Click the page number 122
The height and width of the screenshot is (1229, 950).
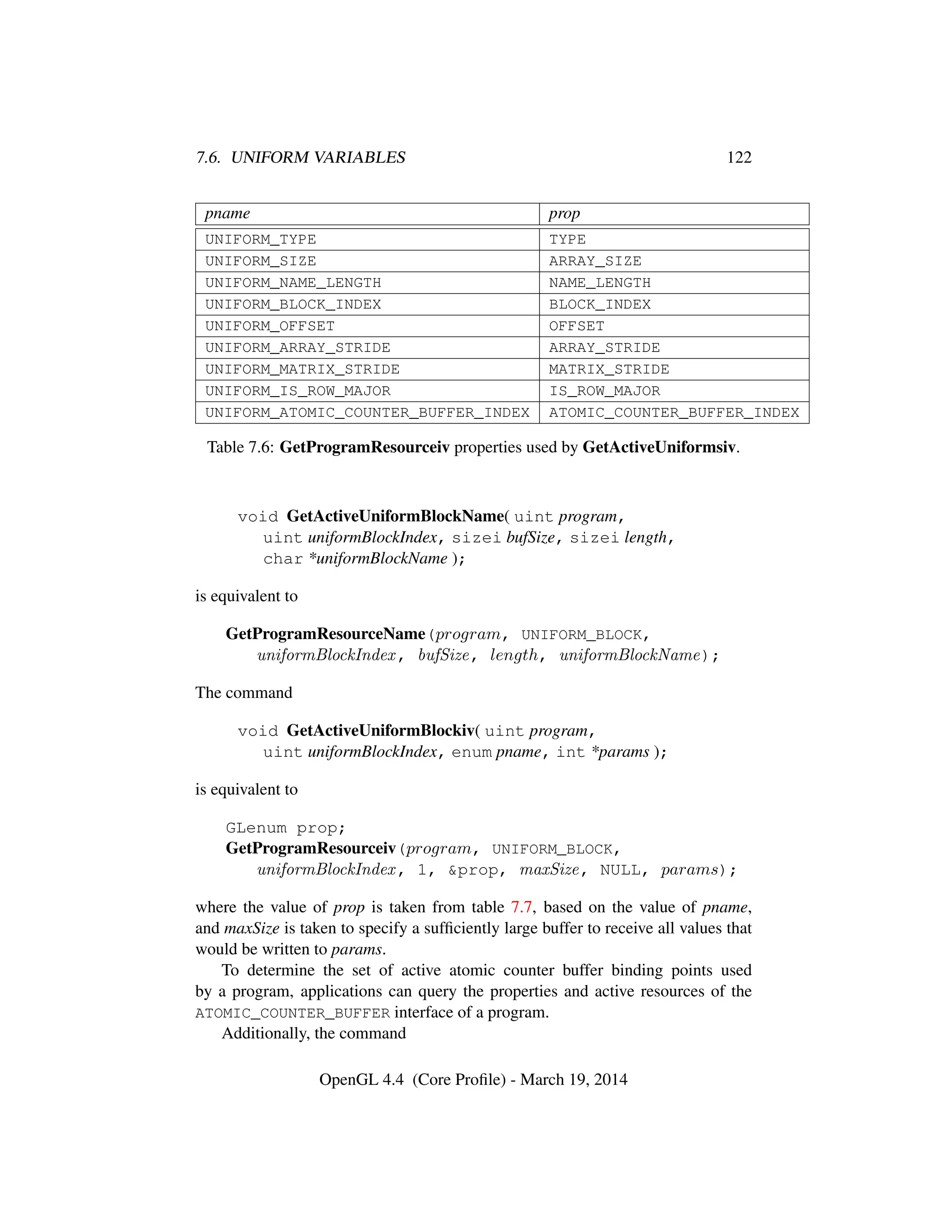[738, 158]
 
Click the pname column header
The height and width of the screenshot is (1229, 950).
[227, 214]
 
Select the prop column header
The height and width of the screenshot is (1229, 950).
[564, 214]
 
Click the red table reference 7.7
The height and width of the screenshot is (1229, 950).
[521, 907]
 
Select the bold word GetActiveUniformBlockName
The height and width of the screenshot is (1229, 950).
[395, 516]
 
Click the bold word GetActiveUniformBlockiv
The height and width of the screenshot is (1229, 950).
[380, 730]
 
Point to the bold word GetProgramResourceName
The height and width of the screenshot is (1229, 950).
[325, 634]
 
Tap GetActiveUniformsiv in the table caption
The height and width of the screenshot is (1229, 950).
[659, 448]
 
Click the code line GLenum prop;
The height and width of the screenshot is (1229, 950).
[285, 828]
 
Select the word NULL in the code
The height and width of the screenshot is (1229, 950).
[620, 871]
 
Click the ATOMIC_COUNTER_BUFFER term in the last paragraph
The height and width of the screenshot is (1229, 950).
[293, 1013]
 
